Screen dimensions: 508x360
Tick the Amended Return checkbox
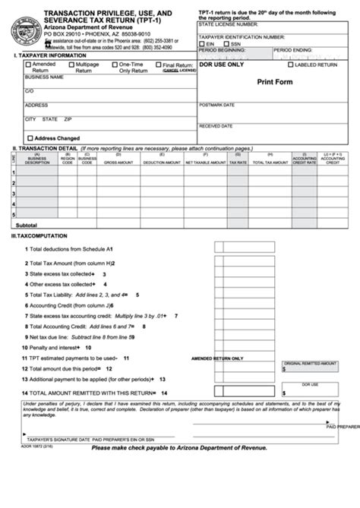(x=29, y=65)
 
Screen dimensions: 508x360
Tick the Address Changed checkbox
(x=30, y=138)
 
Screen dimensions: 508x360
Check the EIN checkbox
(x=202, y=44)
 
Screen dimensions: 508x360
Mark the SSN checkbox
(x=226, y=44)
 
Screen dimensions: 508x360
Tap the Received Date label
(x=216, y=126)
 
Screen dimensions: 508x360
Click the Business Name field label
(x=43, y=77)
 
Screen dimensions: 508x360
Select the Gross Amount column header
(x=118, y=162)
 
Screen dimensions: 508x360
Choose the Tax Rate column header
(x=238, y=162)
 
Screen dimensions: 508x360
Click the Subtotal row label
(x=27, y=226)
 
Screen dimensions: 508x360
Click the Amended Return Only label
(x=217, y=358)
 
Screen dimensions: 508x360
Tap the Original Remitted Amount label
(x=309, y=363)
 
